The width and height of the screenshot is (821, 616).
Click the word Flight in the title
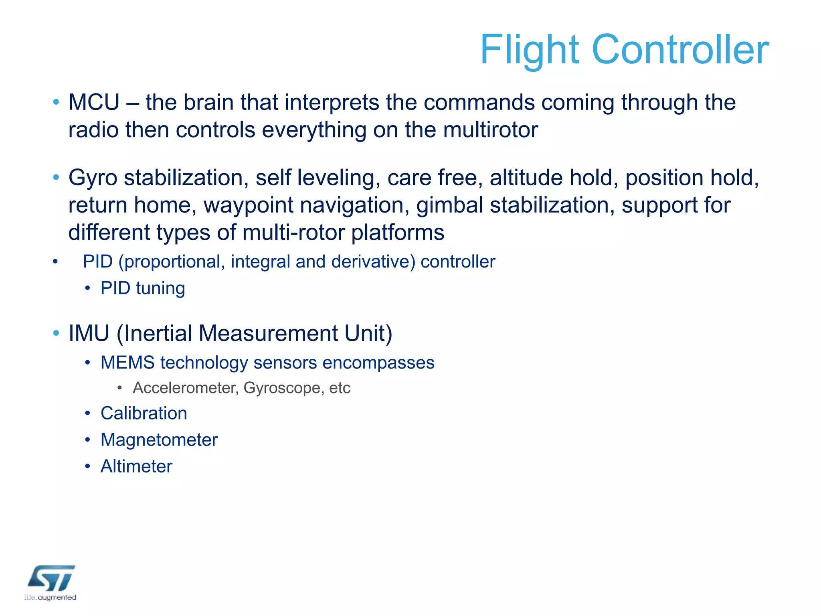coord(530,50)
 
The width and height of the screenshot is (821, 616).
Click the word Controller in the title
coord(680,50)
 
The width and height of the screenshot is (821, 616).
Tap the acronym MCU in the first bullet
coord(94,102)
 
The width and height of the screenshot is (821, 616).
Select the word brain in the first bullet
coord(208,102)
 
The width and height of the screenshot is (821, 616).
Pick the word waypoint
coord(248,205)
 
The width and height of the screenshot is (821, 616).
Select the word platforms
coord(398,233)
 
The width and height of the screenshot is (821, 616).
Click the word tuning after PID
coord(160,288)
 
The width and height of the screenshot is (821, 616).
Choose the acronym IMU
coord(89,333)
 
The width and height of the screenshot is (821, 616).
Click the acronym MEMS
coord(127,363)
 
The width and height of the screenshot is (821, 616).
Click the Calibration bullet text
coord(144,413)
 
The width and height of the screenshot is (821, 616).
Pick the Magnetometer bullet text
coord(159,440)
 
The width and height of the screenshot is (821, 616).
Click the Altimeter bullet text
coord(136,466)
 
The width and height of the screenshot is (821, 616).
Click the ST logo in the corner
coord(51,579)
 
